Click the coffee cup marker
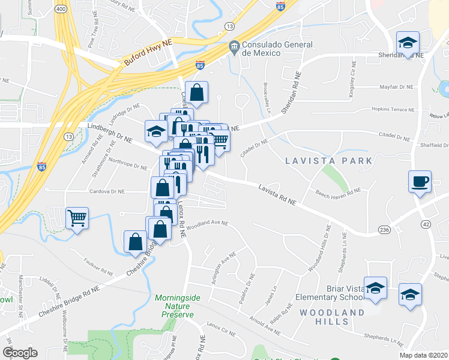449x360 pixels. (420, 181)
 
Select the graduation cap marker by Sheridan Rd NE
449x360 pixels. (408, 43)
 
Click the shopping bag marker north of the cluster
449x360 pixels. (196, 92)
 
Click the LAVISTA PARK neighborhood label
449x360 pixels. (328, 161)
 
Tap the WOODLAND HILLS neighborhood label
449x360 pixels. (331, 317)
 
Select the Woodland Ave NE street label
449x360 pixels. (207, 224)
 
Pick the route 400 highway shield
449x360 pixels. (60, 10)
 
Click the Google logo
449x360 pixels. (20, 353)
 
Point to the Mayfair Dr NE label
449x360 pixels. (397, 87)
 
